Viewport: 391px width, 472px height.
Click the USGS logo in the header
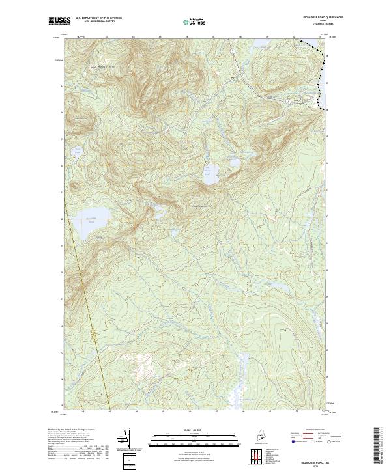pyautogui.click(x=59, y=21)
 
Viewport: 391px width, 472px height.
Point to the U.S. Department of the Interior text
pyautogui.click(x=98, y=18)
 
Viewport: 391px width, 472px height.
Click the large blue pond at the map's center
pyautogui.click(x=211, y=173)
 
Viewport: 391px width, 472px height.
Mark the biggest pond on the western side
pyautogui.click(x=89, y=217)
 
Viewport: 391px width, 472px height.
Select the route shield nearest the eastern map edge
pyautogui.click(x=289, y=102)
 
